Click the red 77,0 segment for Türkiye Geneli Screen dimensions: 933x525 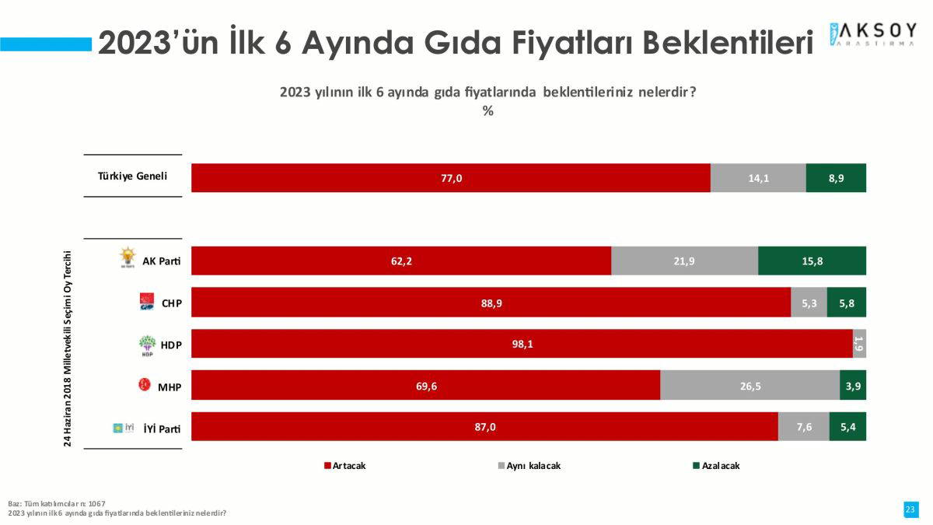(451, 178)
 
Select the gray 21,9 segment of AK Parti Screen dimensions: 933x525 (684, 261)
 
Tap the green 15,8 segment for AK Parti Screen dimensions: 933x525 (812, 261)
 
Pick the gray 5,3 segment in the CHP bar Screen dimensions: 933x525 (809, 302)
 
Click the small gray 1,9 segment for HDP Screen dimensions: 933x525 (859, 344)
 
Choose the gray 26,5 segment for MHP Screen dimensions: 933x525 (750, 385)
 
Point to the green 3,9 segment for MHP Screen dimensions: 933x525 (853, 385)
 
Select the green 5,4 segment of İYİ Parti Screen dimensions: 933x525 (847, 426)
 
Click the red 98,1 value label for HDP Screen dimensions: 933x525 (522, 344)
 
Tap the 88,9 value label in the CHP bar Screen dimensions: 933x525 (491, 303)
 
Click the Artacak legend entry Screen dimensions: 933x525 (345, 465)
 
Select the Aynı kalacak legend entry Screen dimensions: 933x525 (529, 465)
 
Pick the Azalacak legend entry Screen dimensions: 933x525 (716, 465)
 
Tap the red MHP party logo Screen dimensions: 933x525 (144, 384)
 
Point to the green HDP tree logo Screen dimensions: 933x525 (147, 345)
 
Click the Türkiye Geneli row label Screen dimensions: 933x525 (132, 176)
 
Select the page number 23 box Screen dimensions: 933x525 (910, 509)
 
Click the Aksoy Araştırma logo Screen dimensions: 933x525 (872, 34)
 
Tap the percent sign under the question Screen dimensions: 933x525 (487, 110)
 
